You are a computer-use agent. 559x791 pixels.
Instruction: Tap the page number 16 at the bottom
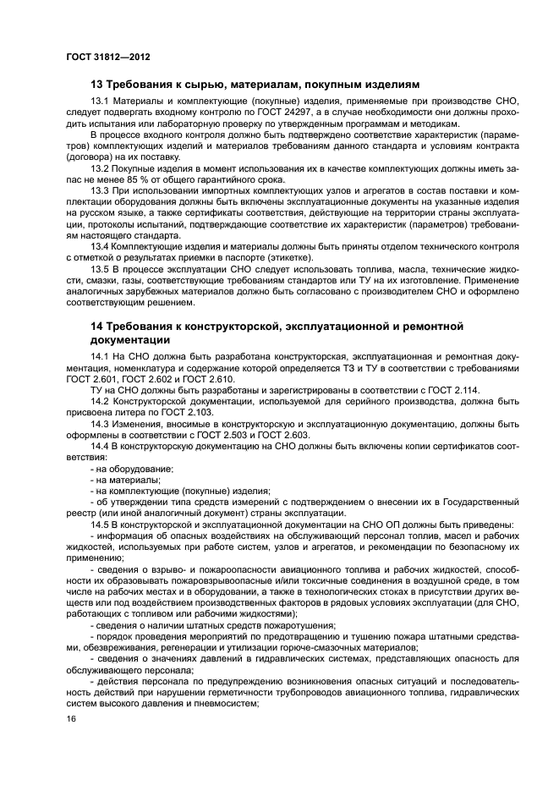coord(71,718)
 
